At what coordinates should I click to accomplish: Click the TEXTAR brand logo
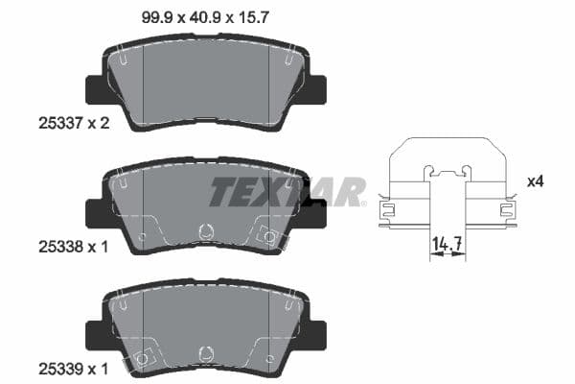click(x=287, y=192)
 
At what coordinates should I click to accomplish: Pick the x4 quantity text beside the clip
click(x=535, y=180)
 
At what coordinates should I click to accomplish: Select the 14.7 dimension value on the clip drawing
click(x=447, y=245)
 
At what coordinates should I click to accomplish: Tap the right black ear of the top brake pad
click(x=316, y=89)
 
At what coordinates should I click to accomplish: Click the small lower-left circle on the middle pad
click(x=142, y=235)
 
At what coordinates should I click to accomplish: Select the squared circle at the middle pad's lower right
click(x=269, y=235)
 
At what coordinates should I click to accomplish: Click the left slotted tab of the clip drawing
click(x=387, y=206)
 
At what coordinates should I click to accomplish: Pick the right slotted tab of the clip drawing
click(x=505, y=206)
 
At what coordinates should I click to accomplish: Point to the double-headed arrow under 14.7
click(x=447, y=257)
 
